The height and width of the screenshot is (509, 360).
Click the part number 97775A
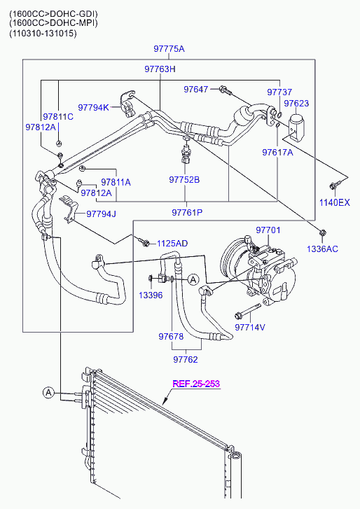point(169,49)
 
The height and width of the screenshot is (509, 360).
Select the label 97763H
point(160,69)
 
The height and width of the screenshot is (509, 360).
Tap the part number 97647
point(195,89)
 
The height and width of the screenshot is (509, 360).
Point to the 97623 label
point(296,103)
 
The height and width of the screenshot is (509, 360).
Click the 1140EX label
point(335,202)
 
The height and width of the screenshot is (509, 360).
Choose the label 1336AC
point(322,249)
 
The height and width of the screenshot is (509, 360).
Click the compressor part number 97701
point(268,230)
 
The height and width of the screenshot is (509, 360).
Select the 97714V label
point(250,327)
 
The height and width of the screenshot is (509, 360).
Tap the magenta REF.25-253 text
point(196,384)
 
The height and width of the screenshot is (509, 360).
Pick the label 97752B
point(184,179)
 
